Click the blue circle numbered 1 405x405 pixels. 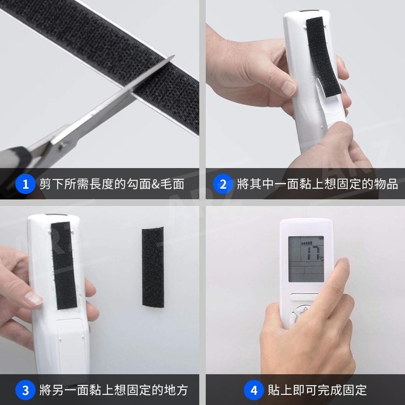[x=25, y=184]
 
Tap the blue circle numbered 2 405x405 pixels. [x=223, y=184]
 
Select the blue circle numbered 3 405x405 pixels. [x=25, y=390]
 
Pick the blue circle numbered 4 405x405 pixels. [x=254, y=390]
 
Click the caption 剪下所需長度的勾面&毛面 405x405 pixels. [x=112, y=184]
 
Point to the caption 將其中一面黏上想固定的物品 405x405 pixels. [x=318, y=184]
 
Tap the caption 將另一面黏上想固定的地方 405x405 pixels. [x=114, y=390]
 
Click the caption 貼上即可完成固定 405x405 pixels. [x=317, y=390]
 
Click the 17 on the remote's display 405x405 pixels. [x=313, y=253]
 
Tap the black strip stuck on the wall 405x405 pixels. [x=153, y=267]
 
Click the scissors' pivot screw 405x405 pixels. [x=62, y=146]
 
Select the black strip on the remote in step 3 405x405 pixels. [x=64, y=266]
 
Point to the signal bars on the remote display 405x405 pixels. [x=307, y=243]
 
